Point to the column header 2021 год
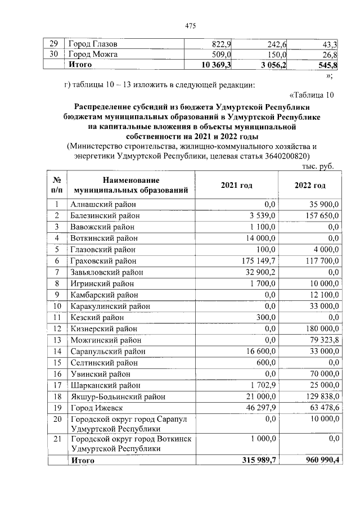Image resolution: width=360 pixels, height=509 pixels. pos(236,185)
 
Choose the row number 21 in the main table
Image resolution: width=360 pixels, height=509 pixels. pos(57,438)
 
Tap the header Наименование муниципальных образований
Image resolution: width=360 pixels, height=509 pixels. pos(130,185)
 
